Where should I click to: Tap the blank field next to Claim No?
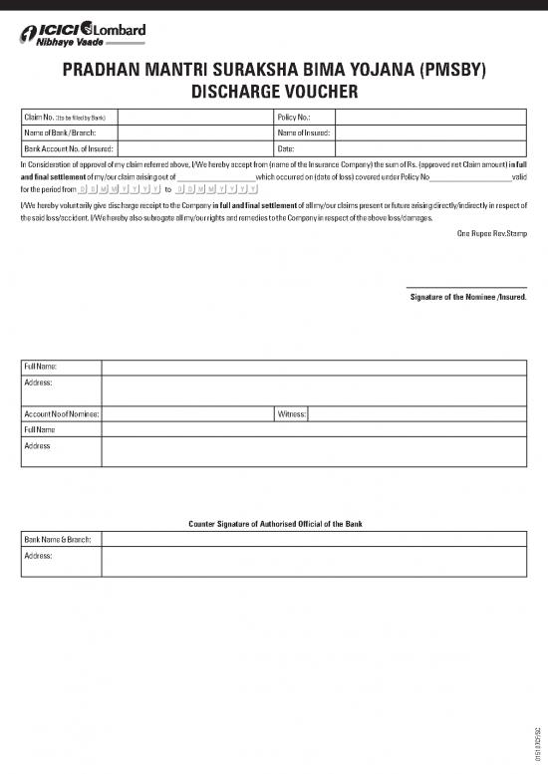[195, 118]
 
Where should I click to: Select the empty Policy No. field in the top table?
[429, 118]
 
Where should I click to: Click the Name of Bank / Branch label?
[60, 132]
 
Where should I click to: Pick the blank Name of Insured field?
[429, 132]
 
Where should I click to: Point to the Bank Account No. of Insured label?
[67, 147]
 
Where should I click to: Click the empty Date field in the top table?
[429, 147]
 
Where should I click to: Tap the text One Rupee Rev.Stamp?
[492, 232]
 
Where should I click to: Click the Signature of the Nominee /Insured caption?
[468, 297]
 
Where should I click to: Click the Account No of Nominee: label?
[62, 413]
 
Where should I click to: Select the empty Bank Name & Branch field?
[314, 539]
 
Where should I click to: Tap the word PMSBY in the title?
[452, 71]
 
